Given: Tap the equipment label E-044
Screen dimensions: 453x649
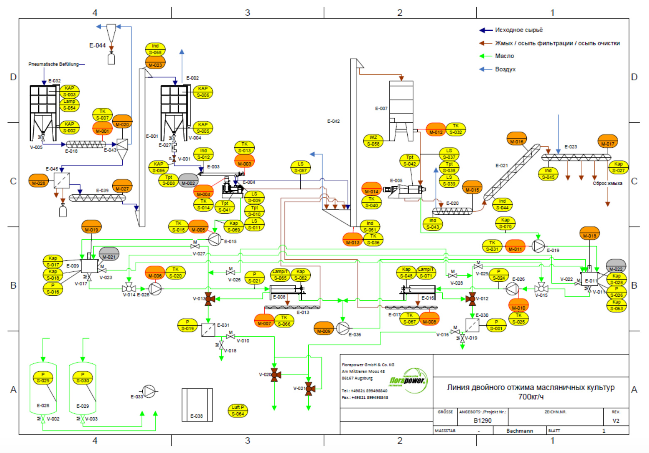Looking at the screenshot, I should [97, 45].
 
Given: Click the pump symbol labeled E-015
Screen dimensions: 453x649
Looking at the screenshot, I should [214, 239].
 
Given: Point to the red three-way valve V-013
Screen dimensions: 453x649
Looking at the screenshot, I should [208, 299].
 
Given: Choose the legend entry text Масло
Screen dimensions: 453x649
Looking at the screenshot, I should [504, 56].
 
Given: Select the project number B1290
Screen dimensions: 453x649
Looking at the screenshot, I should [482, 421].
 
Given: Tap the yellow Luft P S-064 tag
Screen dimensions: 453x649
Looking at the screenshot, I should [238, 411].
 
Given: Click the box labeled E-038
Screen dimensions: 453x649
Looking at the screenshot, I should [197, 405].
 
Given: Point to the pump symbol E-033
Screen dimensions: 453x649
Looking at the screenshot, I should [149, 391].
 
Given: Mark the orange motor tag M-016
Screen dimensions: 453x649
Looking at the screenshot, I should [517, 139].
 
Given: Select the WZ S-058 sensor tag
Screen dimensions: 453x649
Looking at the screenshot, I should [373, 141].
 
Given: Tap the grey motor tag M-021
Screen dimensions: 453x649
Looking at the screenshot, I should [109, 254].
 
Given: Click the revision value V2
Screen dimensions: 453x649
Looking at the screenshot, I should [616, 421].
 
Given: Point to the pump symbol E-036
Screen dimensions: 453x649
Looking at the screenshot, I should [343, 328].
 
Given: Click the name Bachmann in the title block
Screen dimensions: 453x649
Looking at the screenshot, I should [520, 431].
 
